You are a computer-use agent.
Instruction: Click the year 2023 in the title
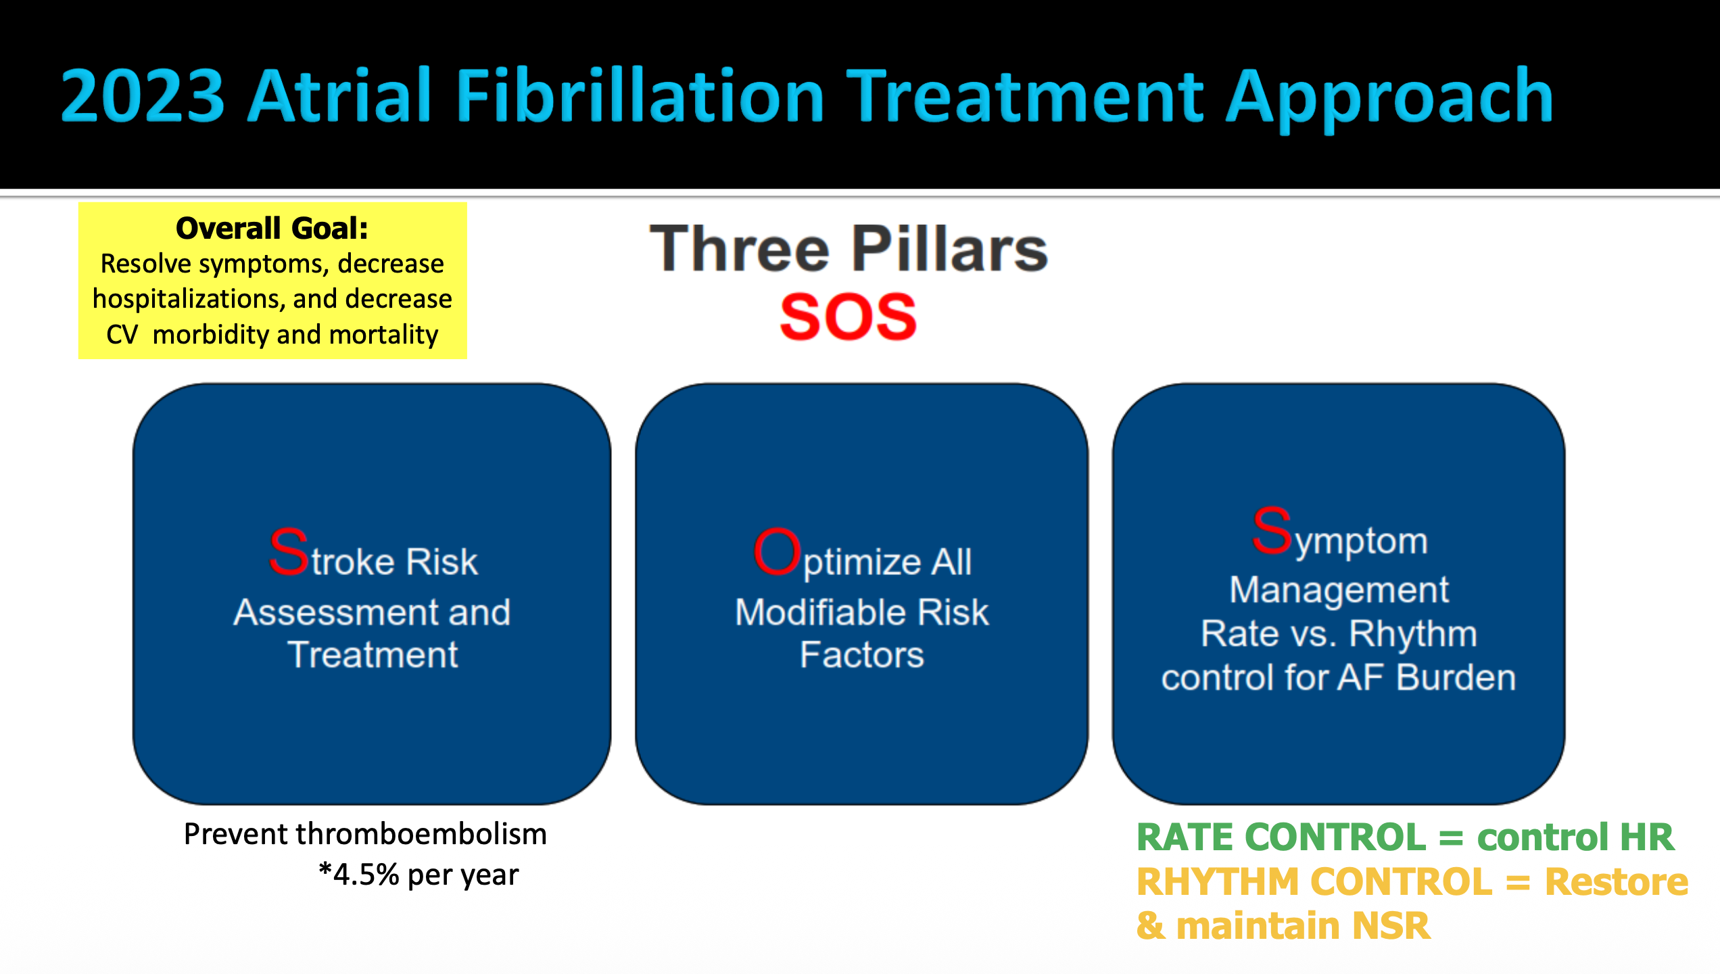point(143,95)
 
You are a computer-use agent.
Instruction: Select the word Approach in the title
point(1389,99)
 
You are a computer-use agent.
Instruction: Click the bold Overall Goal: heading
point(272,228)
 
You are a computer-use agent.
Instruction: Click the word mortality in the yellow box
point(384,335)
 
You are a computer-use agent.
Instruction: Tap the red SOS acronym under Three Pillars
point(849,317)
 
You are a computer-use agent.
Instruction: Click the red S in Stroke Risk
point(289,551)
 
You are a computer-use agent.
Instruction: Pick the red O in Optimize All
point(778,551)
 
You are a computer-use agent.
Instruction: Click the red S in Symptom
point(1272,530)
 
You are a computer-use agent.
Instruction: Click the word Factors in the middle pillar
point(862,655)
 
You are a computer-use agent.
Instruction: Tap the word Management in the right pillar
point(1339,590)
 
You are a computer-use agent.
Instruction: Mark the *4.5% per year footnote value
point(419,875)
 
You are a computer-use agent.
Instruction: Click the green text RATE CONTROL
point(1281,837)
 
